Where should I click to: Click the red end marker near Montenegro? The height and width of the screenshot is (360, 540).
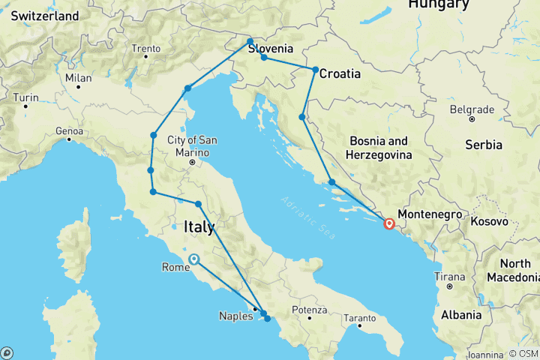(x=389, y=223)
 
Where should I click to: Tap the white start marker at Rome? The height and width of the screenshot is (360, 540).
(x=194, y=259)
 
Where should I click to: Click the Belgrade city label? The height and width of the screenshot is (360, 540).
(x=472, y=109)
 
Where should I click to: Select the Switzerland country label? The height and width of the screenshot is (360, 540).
(x=45, y=16)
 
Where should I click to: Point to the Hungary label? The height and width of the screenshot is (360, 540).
(x=439, y=5)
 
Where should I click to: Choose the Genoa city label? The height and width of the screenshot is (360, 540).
(x=68, y=130)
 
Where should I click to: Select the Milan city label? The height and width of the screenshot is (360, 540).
(x=78, y=77)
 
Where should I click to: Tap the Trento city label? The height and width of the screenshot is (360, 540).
(x=145, y=49)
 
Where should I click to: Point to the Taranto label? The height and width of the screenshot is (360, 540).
(x=359, y=317)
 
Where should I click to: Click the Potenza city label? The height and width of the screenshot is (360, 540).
(x=310, y=309)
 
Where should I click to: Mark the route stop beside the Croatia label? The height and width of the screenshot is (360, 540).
(x=316, y=70)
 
